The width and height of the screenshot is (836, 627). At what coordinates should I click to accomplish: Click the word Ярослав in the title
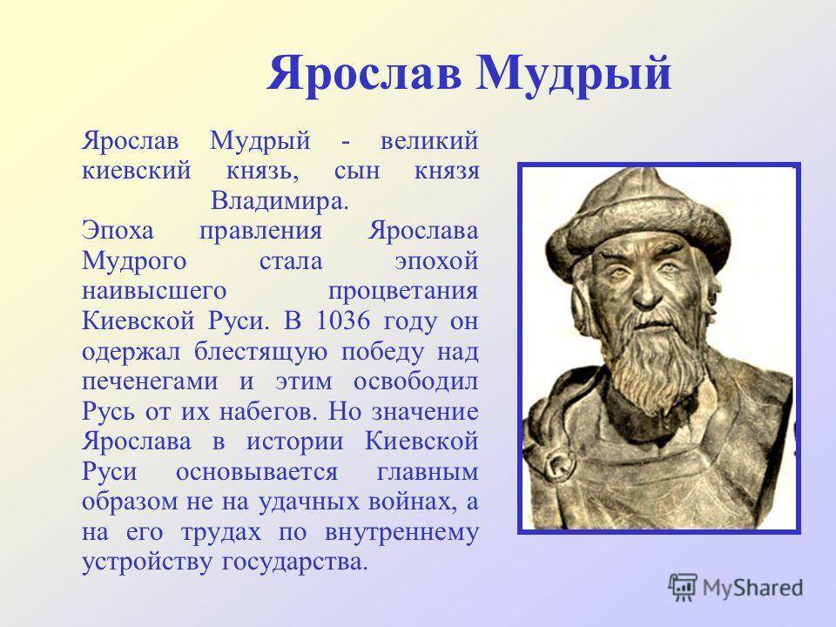pyautogui.click(x=364, y=73)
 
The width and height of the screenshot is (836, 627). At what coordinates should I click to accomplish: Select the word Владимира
pyautogui.click(x=280, y=201)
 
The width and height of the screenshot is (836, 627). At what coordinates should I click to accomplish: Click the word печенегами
pyautogui.click(x=150, y=382)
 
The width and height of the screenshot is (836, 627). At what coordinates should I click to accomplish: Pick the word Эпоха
pyautogui.click(x=118, y=232)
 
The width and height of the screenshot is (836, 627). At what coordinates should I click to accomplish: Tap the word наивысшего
pyautogui.click(x=154, y=292)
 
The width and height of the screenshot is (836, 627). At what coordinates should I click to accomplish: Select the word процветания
pyautogui.click(x=403, y=292)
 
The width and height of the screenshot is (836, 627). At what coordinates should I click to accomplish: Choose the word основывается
pyautogui.click(x=257, y=472)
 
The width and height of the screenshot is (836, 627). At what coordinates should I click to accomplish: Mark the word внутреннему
pyautogui.click(x=401, y=533)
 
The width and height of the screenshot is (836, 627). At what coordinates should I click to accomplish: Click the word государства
pyautogui.click(x=295, y=563)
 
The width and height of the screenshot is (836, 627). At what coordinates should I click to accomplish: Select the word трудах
pyautogui.click(x=221, y=533)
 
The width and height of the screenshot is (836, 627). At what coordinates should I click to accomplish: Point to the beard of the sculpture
pyautogui.click(x=655, y=362)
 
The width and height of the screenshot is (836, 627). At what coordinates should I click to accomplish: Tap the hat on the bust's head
pyautogui.click(x=638, y=219)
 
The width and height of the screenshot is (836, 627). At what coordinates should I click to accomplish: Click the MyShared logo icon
pyautogui.click(x=683, y=588)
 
